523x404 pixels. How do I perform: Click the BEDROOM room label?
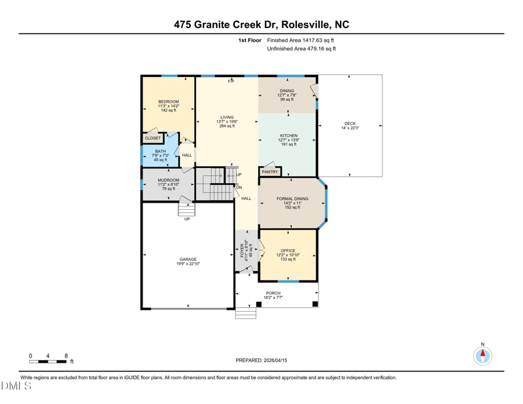point(169,101)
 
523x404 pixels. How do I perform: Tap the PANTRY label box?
point(270,172)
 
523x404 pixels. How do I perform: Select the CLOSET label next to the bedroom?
point(153,138)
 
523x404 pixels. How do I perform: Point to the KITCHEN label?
point(289,136)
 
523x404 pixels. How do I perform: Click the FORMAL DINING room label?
point(292,199)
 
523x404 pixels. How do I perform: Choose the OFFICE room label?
point(288,250)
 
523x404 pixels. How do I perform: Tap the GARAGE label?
point(188,260)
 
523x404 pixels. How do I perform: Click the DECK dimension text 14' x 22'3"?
point(350,127)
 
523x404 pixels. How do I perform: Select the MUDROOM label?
point(169,180)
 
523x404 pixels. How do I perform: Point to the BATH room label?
point(160,151)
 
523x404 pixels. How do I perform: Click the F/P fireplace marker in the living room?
point(231,82)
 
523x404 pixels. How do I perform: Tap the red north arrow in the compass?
point(482,353)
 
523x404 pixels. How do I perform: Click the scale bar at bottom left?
point(48,362)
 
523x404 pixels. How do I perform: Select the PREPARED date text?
point(261,360)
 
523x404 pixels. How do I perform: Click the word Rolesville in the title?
point(305,25)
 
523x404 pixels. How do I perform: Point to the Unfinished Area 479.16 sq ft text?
point(301,49)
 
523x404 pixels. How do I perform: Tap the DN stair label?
point(239,188)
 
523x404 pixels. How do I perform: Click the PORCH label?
point(273,293)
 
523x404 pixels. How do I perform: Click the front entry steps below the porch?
point(246,313)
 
